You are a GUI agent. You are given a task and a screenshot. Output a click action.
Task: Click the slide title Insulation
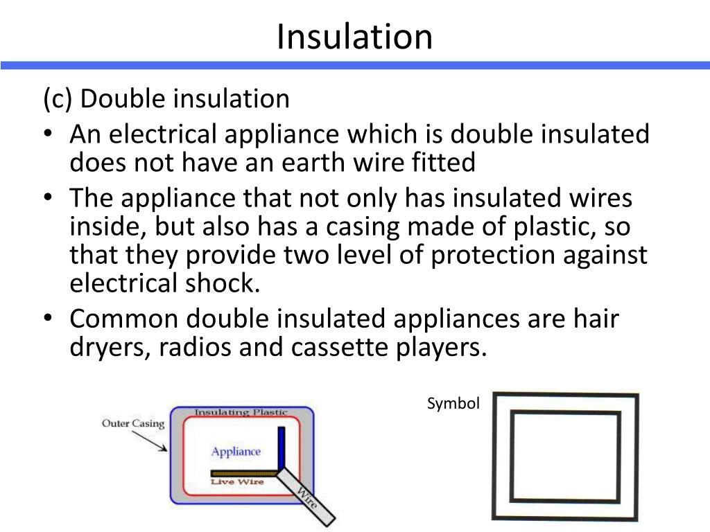pyautogui.click(x=354, y=36)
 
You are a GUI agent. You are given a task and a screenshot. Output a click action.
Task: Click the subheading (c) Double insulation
pyautogui.click(x=166, y=99)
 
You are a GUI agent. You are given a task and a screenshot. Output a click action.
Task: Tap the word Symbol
pyautogui.click(x=453, y=404)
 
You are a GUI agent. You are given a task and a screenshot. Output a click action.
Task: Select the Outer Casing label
pyautogui.click(x=133, y=423)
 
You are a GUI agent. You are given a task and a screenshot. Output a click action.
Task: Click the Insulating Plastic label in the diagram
pyautogui.click(x=241, y=412)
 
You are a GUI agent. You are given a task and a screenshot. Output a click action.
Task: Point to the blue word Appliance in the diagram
pyautogui.click(x=236, y=452)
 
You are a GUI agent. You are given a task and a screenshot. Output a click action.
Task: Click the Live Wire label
pyautogui.click(x=237, y=481)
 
